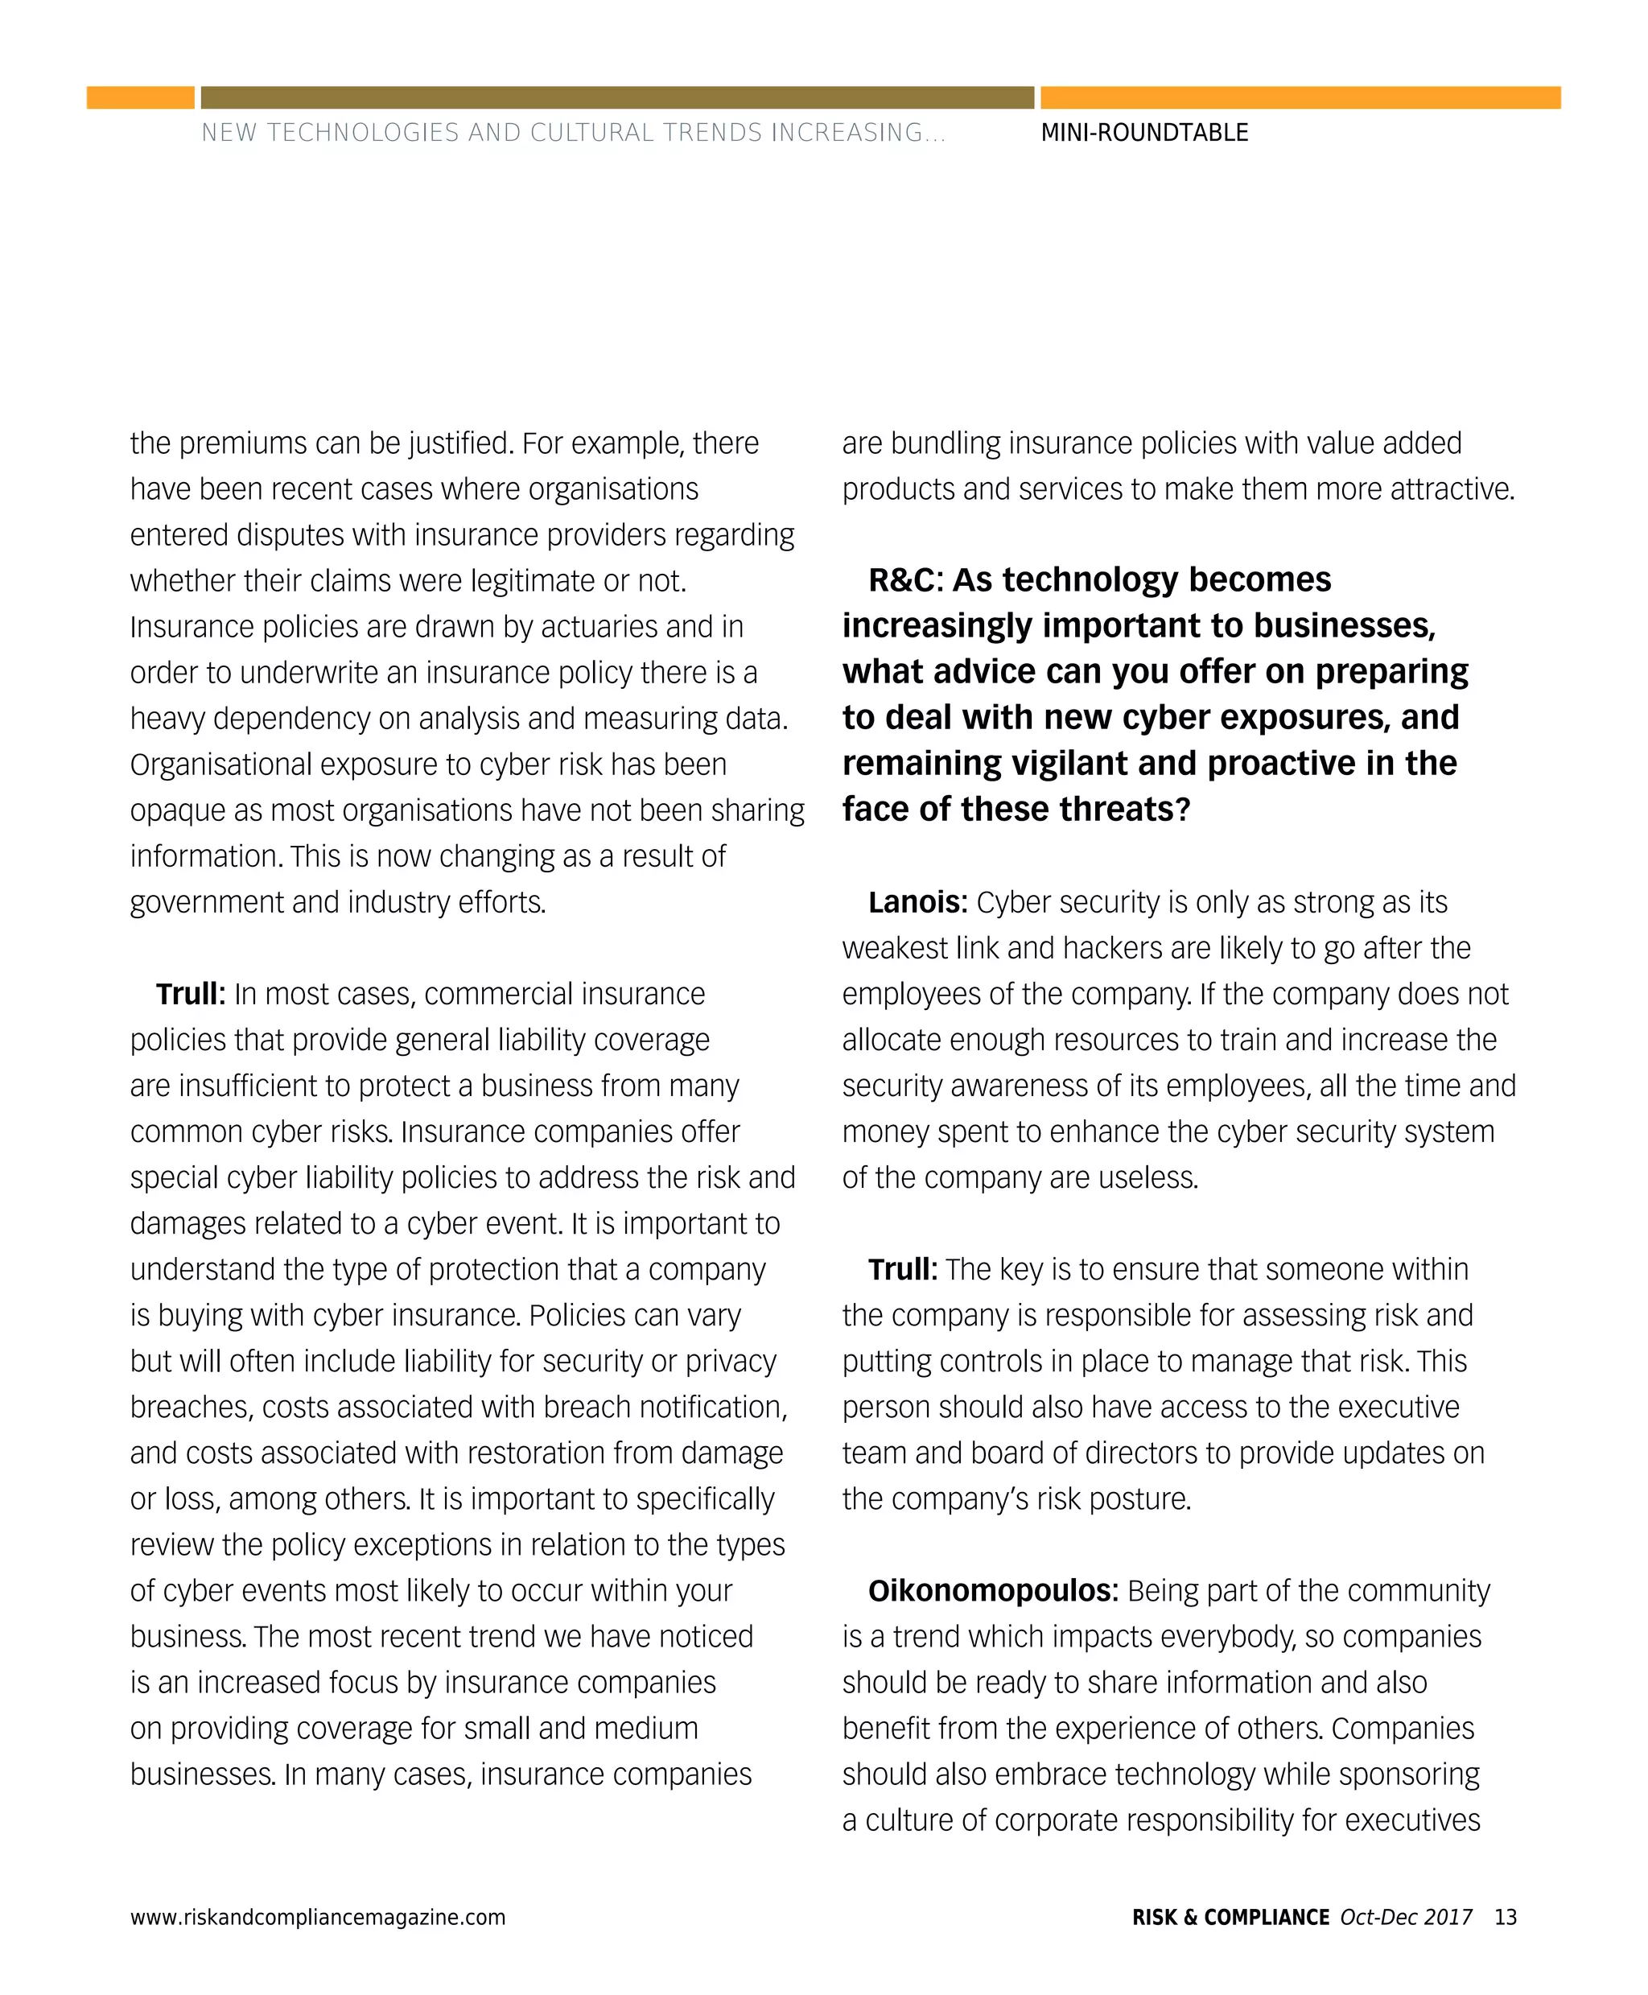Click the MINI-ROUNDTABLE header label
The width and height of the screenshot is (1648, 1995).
click(1144, 133)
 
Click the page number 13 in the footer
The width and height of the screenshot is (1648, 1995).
click(1505, 1917)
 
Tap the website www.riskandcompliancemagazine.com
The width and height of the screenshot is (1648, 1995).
click(318, 1917)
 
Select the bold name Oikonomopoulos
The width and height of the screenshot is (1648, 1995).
click(993, 1590)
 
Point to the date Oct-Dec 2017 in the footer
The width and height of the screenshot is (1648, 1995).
click(1406, 1917)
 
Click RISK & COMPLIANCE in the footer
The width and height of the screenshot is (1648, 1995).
click(1230, 1917)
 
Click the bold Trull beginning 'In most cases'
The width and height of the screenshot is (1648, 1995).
click(190, 994)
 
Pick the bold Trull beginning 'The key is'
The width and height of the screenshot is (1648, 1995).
click(902, 1270)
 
